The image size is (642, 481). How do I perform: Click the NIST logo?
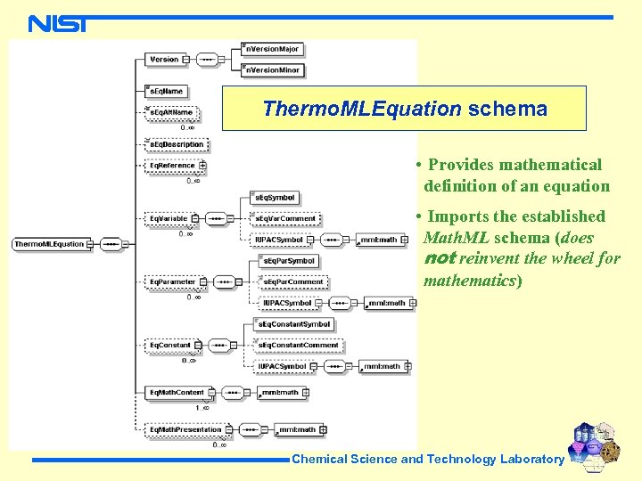pyautogui.click(x=57, y=24)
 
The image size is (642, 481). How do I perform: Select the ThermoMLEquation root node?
pyautogui.click(x=50, y=243)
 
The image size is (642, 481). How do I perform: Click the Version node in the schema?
pyautogui.click(x=164, y=60)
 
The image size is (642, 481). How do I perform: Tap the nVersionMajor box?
pyautogui.click(x=273, y=48)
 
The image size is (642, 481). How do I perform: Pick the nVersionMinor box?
pyautogui.click(x=273, y=69)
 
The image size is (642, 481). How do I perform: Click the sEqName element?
pyautogui.click(x=167, y=91)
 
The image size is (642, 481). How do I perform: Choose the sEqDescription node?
pyautogui.click(x=177, y=144)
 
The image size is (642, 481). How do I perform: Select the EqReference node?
pyautogui.click(x=172, y=165)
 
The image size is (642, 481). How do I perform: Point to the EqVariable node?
pyautogui.click(x=169, y=217)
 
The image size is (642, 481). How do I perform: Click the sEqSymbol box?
pyautogui.click(x=276, y=197)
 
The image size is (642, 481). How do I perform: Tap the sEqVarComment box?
pyautogui.click(x=285, y=217)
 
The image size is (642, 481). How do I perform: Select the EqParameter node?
pyautogui.click(x=173, y=281)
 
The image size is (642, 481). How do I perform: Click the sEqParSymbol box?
pyautogui.click(x=288, y=261)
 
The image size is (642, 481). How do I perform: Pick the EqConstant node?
pyautogui.click(x=170, y=345)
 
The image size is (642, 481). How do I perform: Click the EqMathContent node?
pyautogui.click(x=177, y=391)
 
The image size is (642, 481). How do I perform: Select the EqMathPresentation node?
pyautogui.click(x=185, y=429)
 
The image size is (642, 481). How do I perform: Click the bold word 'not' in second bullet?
pyautogui.click(x=440, y=258)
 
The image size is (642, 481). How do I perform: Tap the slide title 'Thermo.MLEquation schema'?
pyautogui.click(x=404, y=109)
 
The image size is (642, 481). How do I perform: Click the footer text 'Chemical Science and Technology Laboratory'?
pyautogui.click(x=428, y=459)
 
